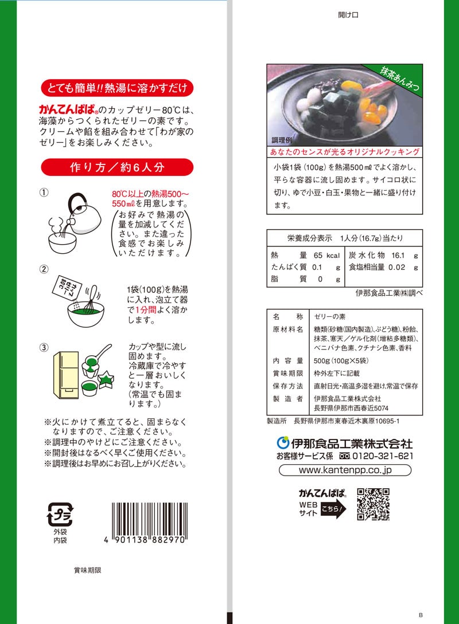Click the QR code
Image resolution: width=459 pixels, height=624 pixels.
pyautogui.click(x=373, y=504)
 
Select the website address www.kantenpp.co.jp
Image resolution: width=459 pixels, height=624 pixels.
pyautogui.click(x=345, y=470)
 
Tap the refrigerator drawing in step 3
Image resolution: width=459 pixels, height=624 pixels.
pyautogui.click(x=66, y=375)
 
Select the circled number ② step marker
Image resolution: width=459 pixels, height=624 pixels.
pyautogui.click(x=44, y=269)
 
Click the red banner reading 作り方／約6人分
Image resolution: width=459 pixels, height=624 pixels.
pyautogui.click(x=117, y=167)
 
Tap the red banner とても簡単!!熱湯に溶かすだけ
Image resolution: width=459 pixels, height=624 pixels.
pyautogui.click(x=117, y=88)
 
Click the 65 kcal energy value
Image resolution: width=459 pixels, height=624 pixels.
pyautogui.click(x=326, y=256)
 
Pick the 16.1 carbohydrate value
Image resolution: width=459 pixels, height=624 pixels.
pyautogui.click(x=398, y=256)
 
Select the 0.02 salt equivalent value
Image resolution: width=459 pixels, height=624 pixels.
pyautogui.click(x=397, y=268)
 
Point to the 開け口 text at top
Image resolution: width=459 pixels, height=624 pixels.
pyautogui.click(x=348, y=15)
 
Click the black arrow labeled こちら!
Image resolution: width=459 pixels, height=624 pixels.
pyautogui.click(x=333, y=509)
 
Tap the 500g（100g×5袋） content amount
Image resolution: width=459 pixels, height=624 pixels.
pyautogui.click(x=341, y=360)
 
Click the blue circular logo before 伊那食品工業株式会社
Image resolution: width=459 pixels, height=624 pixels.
pyautogui.click(x=283, y=443)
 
